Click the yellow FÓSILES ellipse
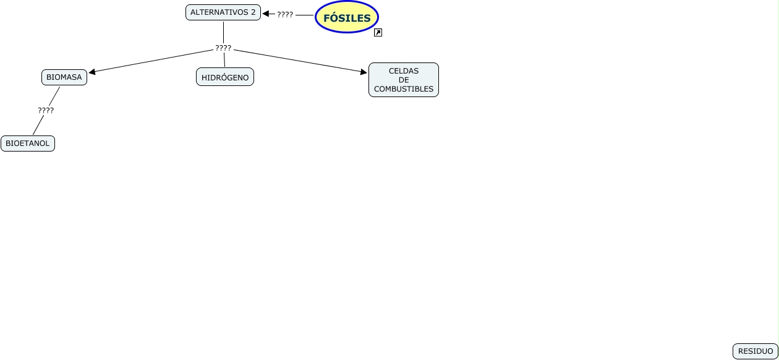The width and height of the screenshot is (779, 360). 346,17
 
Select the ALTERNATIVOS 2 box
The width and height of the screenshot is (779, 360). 223,12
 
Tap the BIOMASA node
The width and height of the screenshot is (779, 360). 64,77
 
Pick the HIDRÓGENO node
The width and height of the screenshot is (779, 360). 225,77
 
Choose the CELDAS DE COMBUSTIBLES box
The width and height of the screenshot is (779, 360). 403,80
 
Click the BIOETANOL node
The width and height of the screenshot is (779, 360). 28,144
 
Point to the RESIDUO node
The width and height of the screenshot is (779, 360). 755,351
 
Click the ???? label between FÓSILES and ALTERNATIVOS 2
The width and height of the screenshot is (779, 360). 285,14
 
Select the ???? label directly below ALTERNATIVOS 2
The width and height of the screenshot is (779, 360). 223,48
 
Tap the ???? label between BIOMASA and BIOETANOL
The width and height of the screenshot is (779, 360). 46,111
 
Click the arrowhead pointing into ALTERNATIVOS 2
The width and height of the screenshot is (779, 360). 266,14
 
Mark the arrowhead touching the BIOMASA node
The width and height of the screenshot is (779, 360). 92,72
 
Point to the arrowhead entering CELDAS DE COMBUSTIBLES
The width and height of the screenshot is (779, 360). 364,72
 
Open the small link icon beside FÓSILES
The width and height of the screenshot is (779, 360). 378,33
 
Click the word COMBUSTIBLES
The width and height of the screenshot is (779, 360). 403,89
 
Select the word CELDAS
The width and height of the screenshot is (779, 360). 403,71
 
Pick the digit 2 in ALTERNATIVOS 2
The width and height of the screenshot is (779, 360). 252,12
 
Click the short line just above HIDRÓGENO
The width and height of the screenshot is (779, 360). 224,61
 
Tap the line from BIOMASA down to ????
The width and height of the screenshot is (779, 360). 54,95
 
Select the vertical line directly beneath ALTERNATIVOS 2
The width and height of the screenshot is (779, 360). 223,32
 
